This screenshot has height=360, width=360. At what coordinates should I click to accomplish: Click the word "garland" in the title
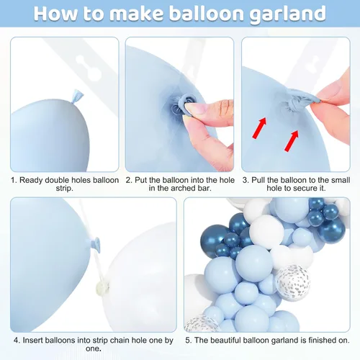(x=287, y=14)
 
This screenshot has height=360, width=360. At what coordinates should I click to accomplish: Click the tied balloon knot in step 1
(x=77, y=96)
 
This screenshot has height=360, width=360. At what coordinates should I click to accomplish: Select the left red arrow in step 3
(x=259, y=127)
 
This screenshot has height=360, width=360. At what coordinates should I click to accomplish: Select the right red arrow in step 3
(x=292, y=140)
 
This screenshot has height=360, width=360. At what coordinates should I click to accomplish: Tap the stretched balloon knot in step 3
(x=301, y=99)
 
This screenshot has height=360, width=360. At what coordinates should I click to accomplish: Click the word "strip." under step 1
(x=64, y=189)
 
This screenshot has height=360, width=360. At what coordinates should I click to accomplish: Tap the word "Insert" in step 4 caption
(x=32, y=341)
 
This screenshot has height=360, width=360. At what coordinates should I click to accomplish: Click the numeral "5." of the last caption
(x=188, y=341)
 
